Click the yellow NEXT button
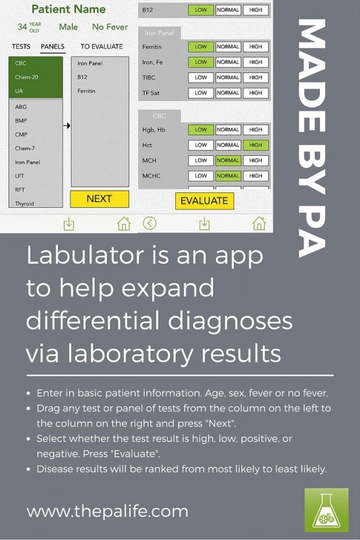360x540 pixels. pyautogui.click(x=99, y=199)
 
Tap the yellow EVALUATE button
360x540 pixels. pyautogui.click(x=204, y=201)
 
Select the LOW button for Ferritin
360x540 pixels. pyautogui.click(x=201, y=47)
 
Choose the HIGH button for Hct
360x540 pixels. pyautogui.click(x=256, y=145)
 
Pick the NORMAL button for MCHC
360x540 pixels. pyautogui.click(x=228, y=176)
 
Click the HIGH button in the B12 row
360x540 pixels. pyautogui.click(x=256, y=10)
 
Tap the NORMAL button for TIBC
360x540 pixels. pyautogui.click(x=228, y=77)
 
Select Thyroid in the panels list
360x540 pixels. pyautogui.click(x=25, y=204)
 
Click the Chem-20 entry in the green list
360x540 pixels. pyautogui.click(x=27, y=77)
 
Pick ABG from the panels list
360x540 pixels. pyautogui.click(x=21, y=107)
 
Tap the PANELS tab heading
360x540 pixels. pyautogui.click(x=53, y=47)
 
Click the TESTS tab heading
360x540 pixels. pyautogui.click(x=21, y=47)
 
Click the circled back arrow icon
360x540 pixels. pyautogui.click(x=150, y=223)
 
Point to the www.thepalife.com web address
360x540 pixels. pyautogui.click(x=107, y=510)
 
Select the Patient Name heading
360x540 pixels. pyautogui.click(x=68, y=9)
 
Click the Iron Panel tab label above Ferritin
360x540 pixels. pyautogui.click(x=159, y=34)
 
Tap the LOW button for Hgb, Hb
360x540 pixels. pyautogui.click(x=201, y=130)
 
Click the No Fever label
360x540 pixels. pyautogui.click(x=110, y=27)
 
